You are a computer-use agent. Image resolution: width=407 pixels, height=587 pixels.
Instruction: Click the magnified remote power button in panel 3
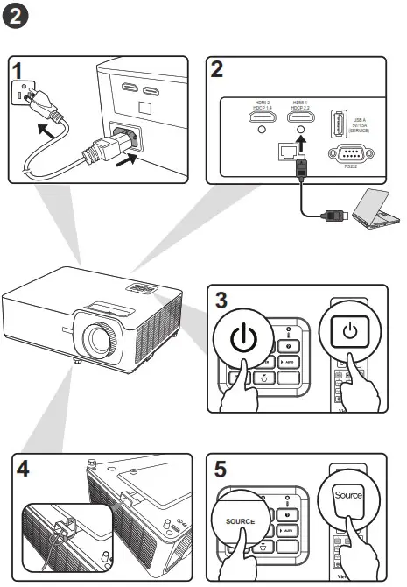coord(349,332)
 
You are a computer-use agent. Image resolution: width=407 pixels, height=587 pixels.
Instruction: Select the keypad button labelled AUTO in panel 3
coord(288,361)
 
